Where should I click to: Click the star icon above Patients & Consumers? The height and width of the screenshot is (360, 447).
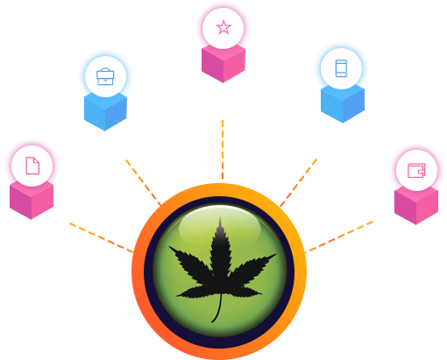223,27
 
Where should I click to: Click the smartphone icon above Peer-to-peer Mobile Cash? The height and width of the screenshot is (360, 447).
341,67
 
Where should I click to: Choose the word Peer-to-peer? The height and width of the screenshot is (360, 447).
340,129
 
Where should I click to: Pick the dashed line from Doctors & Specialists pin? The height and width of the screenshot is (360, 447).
101,237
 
